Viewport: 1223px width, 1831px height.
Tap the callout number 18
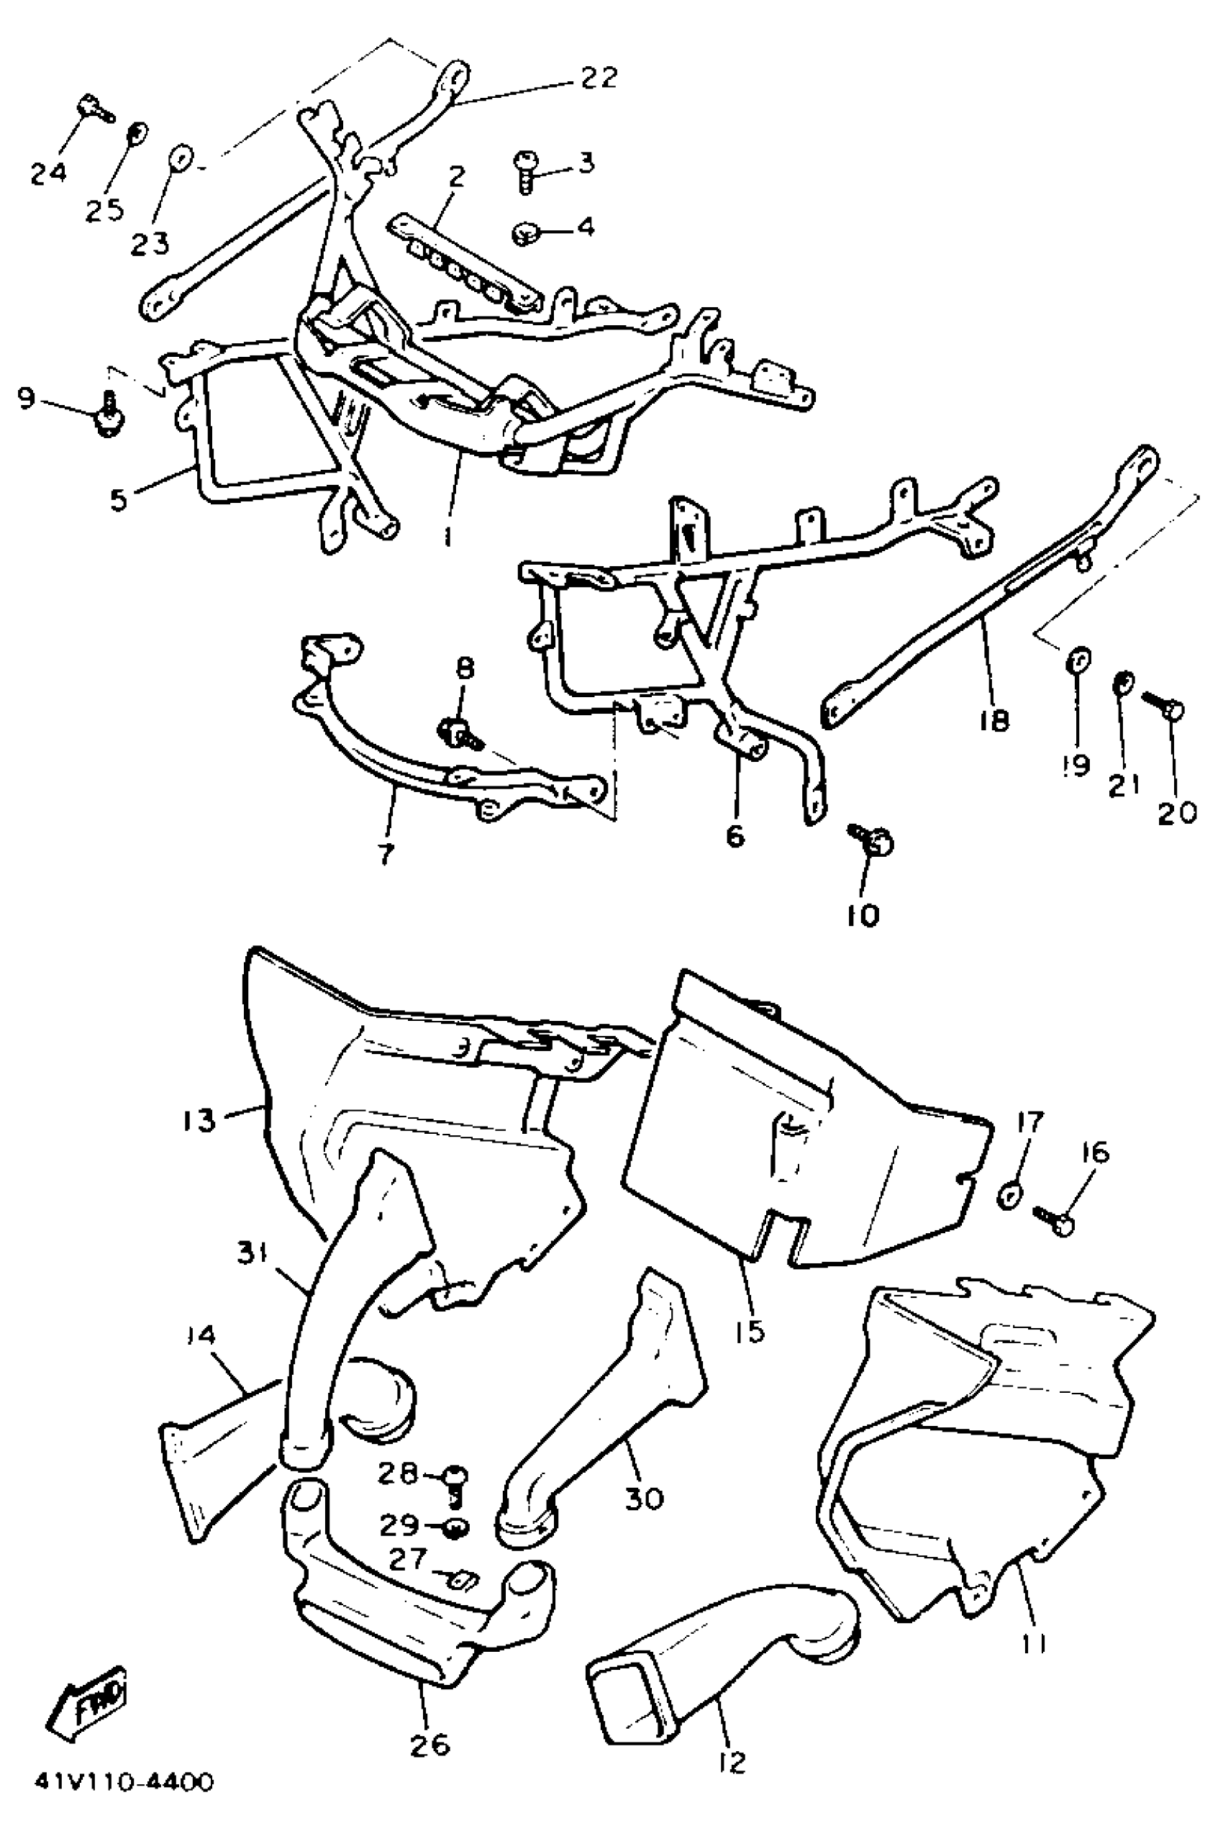(x=993, y=721)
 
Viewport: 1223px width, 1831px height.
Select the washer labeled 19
(x=1078, y=660)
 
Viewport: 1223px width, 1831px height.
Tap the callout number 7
(x=386, y=853)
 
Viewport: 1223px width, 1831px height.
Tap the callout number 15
(x=749, y=1331)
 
